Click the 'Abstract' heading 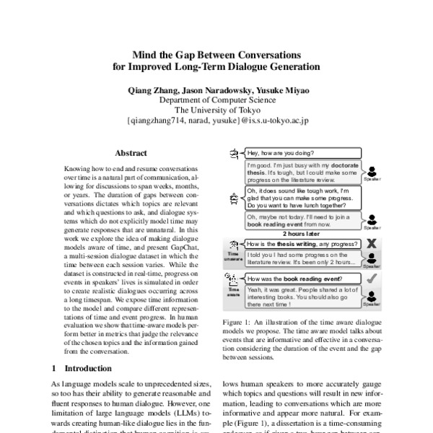131,153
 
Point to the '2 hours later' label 302,235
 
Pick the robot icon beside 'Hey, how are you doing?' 235,154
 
